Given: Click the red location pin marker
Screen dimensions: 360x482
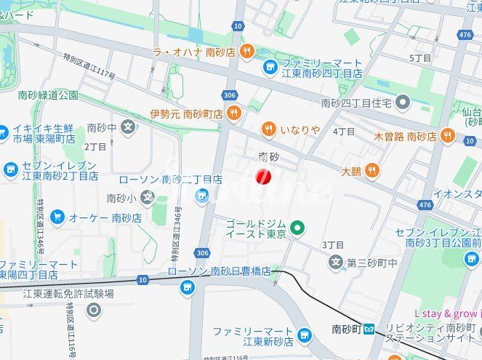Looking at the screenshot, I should [264, 176].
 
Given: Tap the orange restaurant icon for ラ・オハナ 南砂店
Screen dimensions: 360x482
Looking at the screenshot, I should [247, 51].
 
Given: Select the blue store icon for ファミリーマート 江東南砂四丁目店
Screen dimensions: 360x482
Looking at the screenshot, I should [270, 67].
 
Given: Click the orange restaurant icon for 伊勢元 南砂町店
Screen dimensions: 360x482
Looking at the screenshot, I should [234, 113].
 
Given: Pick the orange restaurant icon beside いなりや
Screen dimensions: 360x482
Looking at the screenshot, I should [269, 129].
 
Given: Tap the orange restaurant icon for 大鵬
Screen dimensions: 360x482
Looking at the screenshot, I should [371, 171].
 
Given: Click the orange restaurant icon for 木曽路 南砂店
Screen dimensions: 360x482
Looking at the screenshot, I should [446, 136].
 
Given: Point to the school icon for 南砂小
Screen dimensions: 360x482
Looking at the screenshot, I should [148, 197].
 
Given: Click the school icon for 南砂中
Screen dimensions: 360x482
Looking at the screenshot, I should [128, 128].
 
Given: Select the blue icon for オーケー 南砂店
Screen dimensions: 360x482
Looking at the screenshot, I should [57, 217].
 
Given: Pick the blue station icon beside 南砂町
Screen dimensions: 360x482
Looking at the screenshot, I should [369, 328].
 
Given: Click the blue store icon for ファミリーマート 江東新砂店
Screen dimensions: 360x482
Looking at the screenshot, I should [304, 335].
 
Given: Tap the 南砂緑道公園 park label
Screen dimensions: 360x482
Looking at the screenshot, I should [49, 95].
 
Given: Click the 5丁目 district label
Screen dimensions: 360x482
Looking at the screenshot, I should [420, 57].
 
